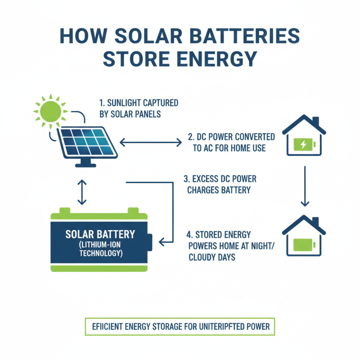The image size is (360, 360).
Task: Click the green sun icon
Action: tap(49, 111)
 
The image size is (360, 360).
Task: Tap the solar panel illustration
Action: tap(88, 142)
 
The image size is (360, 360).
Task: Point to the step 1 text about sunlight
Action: tap(138, 108)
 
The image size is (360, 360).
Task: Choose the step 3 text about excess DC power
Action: tap(220, 184)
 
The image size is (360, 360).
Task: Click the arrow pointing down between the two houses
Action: tap(305, 186)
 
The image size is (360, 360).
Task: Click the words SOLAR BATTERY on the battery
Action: tap(100, 234)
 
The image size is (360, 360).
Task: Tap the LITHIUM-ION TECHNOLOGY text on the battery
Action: tap(100, 248)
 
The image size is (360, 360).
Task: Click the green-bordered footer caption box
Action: tap(179, 326)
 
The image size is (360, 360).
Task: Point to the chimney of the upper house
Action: tap(316, 121)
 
